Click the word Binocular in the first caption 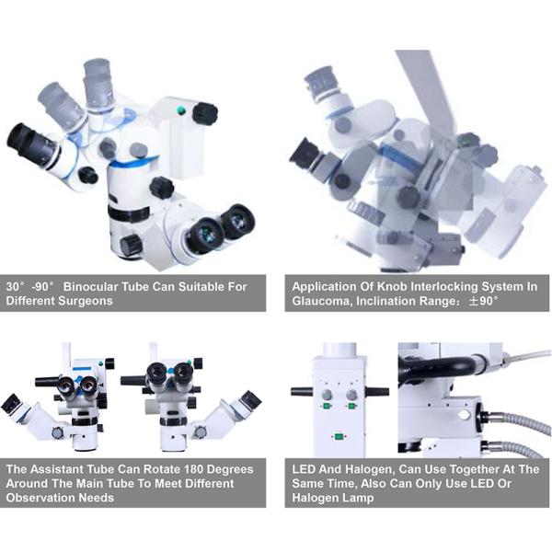tap(90, 286)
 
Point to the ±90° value tap(484, 301)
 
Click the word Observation tap(40, 498)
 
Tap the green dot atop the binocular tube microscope tap(181, 110)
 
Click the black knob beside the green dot tap(205, 113)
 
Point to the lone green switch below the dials tap(339, 437)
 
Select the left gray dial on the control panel tap(327, 395)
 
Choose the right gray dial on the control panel tap(351, 395)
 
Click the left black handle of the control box tap(302, 392)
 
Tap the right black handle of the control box tap(377, 391)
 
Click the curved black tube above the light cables tap(436, 366)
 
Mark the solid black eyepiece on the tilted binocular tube tap(31, 144)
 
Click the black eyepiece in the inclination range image tap(306, 155)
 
